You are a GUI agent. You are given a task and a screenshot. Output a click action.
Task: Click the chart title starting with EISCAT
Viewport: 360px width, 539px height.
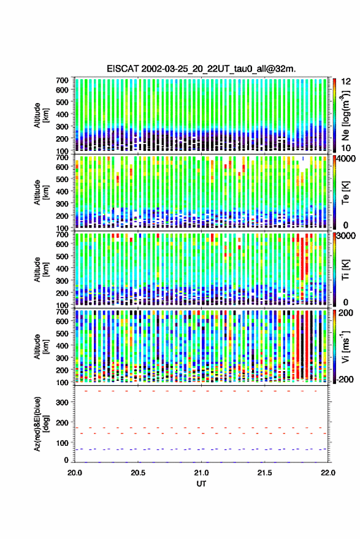201,69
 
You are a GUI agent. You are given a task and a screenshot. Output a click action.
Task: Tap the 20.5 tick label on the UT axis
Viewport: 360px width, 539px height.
138,473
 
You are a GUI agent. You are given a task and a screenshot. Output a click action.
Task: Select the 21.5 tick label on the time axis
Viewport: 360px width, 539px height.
264,473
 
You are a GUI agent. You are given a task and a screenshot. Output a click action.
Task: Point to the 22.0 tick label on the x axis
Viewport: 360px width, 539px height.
327,473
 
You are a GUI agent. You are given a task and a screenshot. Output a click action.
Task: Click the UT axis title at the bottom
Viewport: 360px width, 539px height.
201,484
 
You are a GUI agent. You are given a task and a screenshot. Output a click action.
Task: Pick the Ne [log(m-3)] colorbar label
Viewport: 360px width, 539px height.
345,115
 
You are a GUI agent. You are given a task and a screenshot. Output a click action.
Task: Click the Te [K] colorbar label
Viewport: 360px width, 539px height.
345,193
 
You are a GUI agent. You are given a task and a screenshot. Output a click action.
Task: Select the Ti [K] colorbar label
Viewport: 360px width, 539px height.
345,270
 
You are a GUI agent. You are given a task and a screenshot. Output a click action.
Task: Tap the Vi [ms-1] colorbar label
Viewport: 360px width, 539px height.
345,347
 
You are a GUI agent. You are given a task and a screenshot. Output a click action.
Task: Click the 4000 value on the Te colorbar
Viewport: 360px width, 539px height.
346,159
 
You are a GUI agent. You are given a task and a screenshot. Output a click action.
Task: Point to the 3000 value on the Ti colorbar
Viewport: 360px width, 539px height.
346,236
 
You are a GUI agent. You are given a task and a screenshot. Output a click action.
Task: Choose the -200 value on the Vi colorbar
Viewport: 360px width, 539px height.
345,379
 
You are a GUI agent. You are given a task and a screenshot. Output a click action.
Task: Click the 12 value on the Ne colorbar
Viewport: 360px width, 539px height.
346,82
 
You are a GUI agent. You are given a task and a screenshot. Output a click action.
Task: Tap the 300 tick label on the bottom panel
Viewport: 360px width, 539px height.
63,402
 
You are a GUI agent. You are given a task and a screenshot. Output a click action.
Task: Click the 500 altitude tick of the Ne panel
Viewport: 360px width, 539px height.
63,102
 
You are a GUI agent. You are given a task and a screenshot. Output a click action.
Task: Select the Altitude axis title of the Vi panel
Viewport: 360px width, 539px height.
40,346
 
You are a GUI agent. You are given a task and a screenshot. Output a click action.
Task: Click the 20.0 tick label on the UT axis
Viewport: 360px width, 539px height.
75,473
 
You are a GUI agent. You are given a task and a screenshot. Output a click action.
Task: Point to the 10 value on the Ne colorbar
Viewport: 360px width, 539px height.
346,148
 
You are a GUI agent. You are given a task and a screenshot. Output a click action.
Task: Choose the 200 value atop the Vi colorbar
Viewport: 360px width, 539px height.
346,313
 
